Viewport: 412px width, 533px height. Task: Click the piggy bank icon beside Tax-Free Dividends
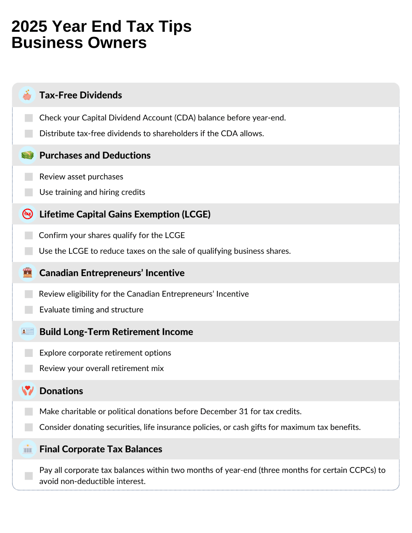click(27, 95)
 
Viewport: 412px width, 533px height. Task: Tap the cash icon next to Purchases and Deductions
click(27, 155)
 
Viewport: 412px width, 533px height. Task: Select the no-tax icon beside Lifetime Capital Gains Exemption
click(27, 214)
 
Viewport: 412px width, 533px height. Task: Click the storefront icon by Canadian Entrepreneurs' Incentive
click(27, 273)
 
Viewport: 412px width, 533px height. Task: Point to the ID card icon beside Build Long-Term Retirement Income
click(27, 332)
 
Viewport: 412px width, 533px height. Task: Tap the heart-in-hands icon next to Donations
click(27, 391)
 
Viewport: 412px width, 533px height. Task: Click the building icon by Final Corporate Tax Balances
click(27, 449)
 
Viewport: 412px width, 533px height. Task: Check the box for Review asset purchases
click(29, 177)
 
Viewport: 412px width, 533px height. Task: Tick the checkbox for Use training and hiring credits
click(29, 192)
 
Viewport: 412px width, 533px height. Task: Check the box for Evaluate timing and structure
click(29, 310)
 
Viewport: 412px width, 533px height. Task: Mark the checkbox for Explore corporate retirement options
click(29, 353)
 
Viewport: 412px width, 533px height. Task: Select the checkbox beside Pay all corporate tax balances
click(29, 476)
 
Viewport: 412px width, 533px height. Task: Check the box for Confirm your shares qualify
click(29, 235)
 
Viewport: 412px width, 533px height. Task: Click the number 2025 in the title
click(29, 27)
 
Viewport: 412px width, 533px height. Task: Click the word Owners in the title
click(120, 43)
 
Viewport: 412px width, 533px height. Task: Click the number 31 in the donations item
click(244, 411)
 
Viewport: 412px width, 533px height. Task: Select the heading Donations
click(61, 391)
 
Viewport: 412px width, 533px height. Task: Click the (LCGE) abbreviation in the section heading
click(196, 214)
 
